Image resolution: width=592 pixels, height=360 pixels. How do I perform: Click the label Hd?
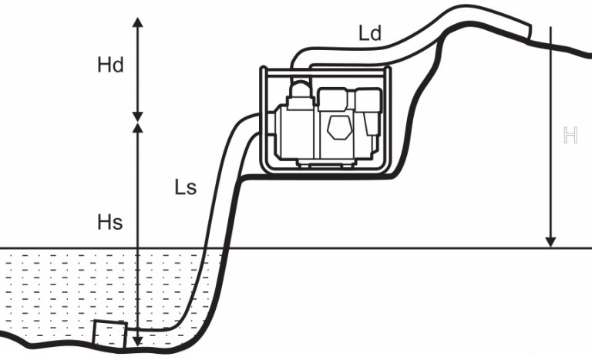tap(110, 65)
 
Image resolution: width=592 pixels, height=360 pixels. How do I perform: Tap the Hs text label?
tap(110, 222)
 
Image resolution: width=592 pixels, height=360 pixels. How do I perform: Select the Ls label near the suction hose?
tap(185, 187)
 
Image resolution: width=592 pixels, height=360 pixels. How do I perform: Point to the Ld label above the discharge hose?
tap(370, 33)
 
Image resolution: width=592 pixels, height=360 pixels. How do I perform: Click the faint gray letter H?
tap(570, 135)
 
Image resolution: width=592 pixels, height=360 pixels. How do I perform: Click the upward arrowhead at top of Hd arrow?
tap(138, 22)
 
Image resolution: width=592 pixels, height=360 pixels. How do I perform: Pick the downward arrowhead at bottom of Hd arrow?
tap(138, 116)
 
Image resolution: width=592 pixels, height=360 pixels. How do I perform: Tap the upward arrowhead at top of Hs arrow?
tap(138, 128)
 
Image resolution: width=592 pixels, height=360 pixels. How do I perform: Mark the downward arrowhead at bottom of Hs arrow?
tap(138, 341)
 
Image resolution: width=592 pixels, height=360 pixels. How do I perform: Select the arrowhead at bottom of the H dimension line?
tap(551, 242)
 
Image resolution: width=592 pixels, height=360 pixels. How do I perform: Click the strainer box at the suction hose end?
tap(110, 334)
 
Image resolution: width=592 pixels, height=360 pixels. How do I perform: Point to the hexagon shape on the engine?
tap(338, 127)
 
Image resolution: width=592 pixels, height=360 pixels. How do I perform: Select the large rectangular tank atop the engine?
tap(333, 99)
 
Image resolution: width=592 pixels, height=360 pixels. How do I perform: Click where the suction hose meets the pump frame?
tap(260, 124)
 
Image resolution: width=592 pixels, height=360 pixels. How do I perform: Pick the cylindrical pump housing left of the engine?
tap(295, 133)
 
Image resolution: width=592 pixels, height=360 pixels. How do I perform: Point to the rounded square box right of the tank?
tap(368, 99)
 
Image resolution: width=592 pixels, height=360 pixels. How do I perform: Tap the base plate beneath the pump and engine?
tap(326, 163)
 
